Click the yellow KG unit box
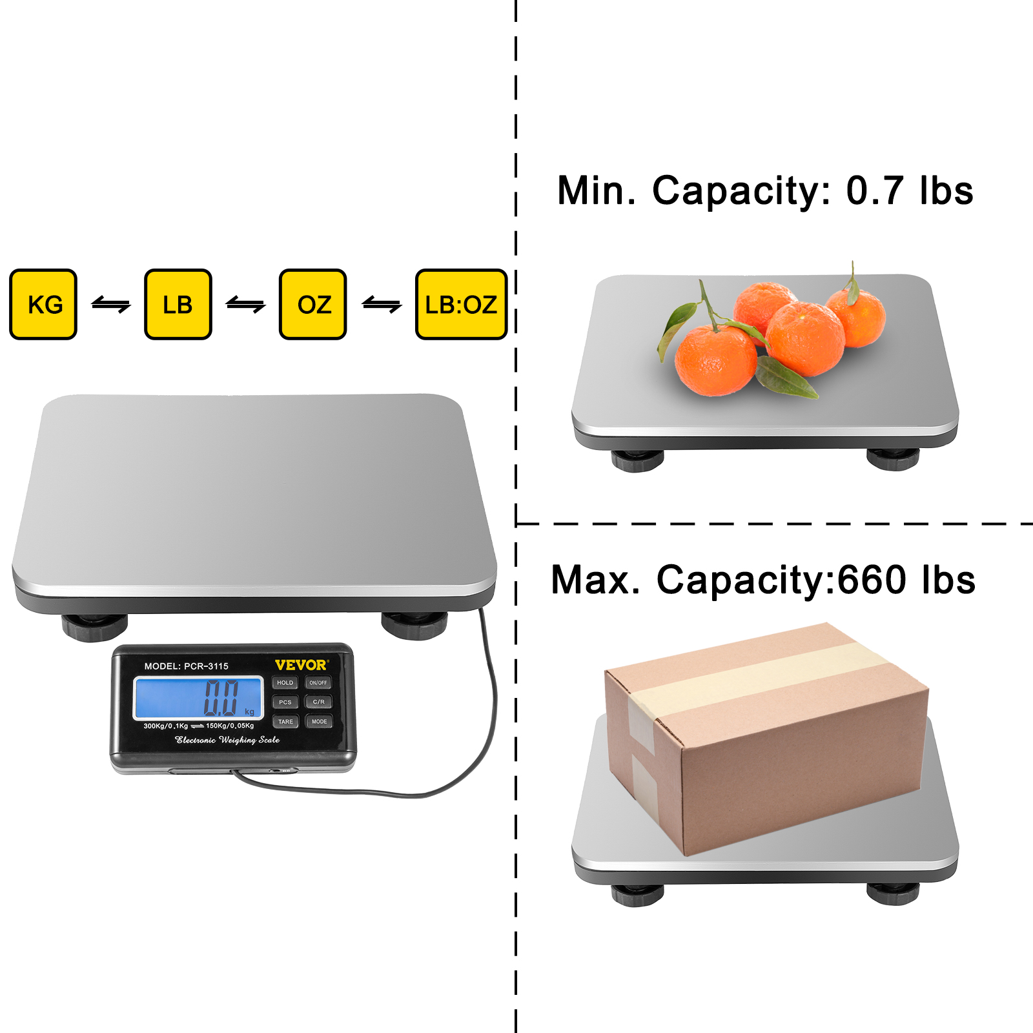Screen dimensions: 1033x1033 [43, 304]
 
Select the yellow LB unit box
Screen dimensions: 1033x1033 [178, 304]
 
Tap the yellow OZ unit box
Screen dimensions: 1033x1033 [313, 304]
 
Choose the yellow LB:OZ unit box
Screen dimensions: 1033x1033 [461, 304]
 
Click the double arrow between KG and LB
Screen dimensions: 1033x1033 [111, 304]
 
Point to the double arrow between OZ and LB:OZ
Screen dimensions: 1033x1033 [382, 304]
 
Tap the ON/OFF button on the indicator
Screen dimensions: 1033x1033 [318, 682]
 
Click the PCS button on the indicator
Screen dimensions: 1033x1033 [285, 702]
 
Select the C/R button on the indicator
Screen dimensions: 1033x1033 [318, 702]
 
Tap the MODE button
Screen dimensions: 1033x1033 [319, 721]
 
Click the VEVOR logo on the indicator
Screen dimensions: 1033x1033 [301, 665]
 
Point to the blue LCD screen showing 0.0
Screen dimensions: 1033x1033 [198, 697]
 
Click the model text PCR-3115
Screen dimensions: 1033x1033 [206, 666]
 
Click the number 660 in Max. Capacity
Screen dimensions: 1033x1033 [872, 580]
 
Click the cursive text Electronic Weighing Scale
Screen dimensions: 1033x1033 [227, 740]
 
